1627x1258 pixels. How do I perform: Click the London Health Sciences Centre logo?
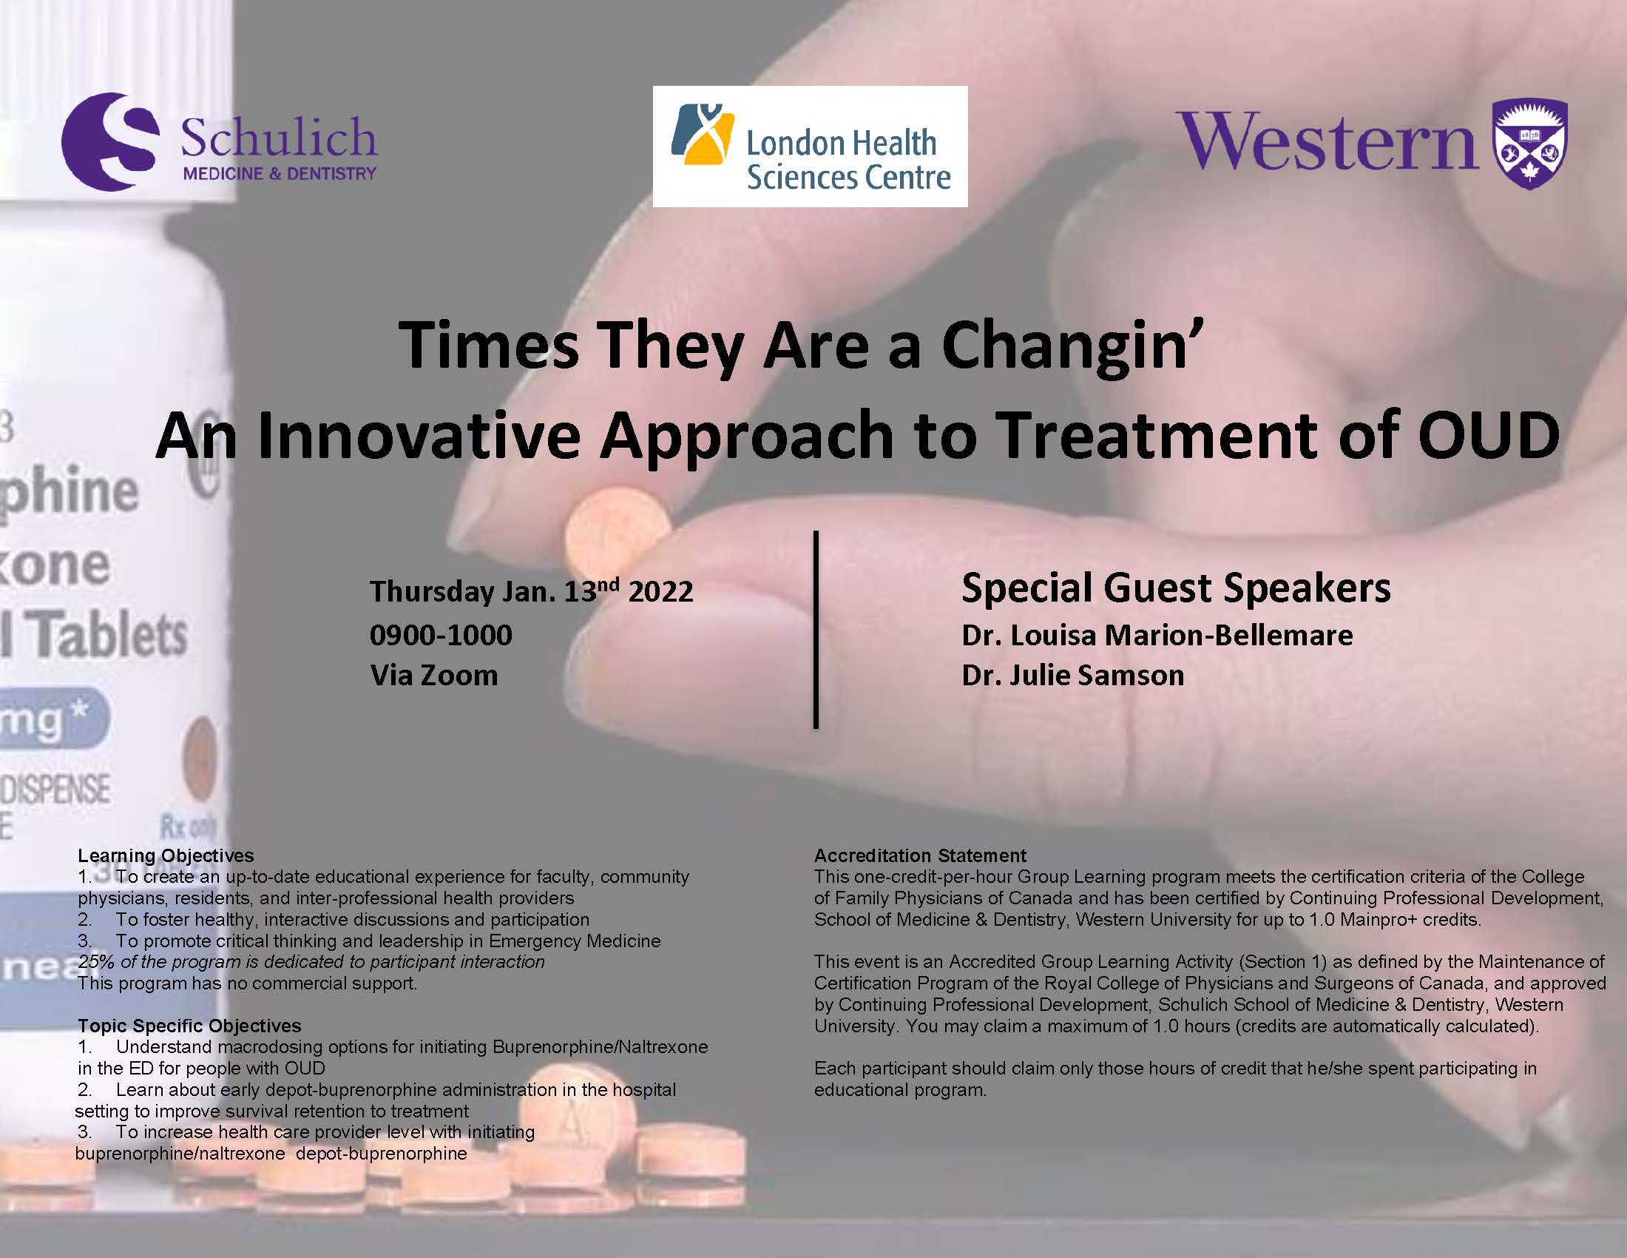(810, 146)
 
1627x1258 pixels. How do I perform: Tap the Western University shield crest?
(1530, 144)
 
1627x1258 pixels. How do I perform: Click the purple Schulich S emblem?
(110, 141)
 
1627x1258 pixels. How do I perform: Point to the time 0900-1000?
(441, 635)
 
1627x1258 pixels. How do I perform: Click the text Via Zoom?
(433, 675)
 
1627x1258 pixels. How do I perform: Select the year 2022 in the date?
(660, 592)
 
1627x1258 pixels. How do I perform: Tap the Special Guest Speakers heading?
(1176, 588)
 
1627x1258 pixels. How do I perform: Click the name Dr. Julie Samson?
(1073, 675)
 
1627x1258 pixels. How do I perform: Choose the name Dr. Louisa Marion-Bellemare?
(1157, 635)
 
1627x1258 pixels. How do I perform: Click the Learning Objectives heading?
(166, 855)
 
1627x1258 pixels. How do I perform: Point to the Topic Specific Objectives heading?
(189, 1026)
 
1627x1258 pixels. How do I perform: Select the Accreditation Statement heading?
(920, 855)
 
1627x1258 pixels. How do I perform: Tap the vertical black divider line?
(816, 629)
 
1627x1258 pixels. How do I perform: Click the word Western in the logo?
(1326, 141)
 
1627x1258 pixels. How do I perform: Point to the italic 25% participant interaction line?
(311, 962)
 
